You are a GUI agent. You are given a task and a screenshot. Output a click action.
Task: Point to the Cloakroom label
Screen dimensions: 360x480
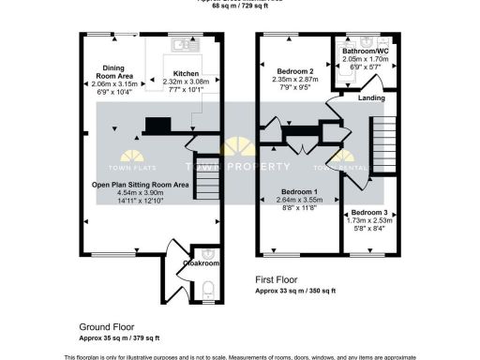click(x=200, y=263)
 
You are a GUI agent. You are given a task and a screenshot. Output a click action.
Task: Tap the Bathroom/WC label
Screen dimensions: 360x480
click(x=367, y=50)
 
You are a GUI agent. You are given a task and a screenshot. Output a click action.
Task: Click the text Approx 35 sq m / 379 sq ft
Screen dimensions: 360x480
click(x=119, y=337)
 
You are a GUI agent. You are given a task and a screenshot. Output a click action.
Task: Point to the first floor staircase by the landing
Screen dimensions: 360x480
click(x=383, y=141)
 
